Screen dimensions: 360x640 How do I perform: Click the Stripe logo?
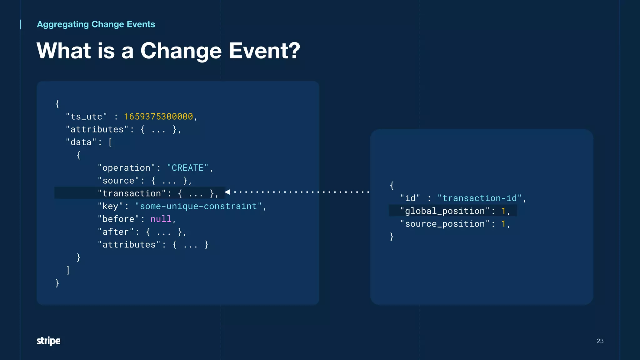pyautogui.click(x=48, y=341)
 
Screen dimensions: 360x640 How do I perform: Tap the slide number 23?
pyautogui.click(x=600, y=341)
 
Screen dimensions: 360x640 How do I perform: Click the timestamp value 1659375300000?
pyautogui.click(x=158, y=117)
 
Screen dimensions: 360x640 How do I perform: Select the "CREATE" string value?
pyautogui.click(x=187, y=168)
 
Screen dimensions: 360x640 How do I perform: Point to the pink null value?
pyautogui.click(x=161, y=219)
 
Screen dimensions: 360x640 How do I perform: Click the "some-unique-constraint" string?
pyautogui.click(x=198, y=206)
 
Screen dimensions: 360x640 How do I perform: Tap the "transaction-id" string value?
pyautogui.click(x=479, y=198)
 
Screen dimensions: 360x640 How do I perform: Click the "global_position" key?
pyautogui.click(x=445, y=211)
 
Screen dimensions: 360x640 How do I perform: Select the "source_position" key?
pyautogui.click(x=445, y=224)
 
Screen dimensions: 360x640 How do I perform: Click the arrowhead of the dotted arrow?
pyautogui.click(x=227, y=192)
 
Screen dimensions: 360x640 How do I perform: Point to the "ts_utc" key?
pyautogui.click(x=86, y=117)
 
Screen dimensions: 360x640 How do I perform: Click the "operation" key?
pyautogui.click(x=127, y=168)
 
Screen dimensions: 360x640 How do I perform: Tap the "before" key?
pyautogui.click(x=118, y=219)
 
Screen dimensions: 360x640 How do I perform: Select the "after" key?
pyautogui.click(x=116, y=232)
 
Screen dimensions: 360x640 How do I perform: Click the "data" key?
pyautogui.click(x=81, y=142)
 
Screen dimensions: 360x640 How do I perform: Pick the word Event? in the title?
pyautogui.click(x=264, y=51)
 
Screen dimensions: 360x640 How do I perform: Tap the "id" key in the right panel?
pyautogui.click(x=410, y=198)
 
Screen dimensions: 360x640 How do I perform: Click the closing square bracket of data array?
pyautogui.click(x=68, y=270)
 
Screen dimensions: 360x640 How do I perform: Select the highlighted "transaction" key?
pyautogui.click(x=132, y=193)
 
